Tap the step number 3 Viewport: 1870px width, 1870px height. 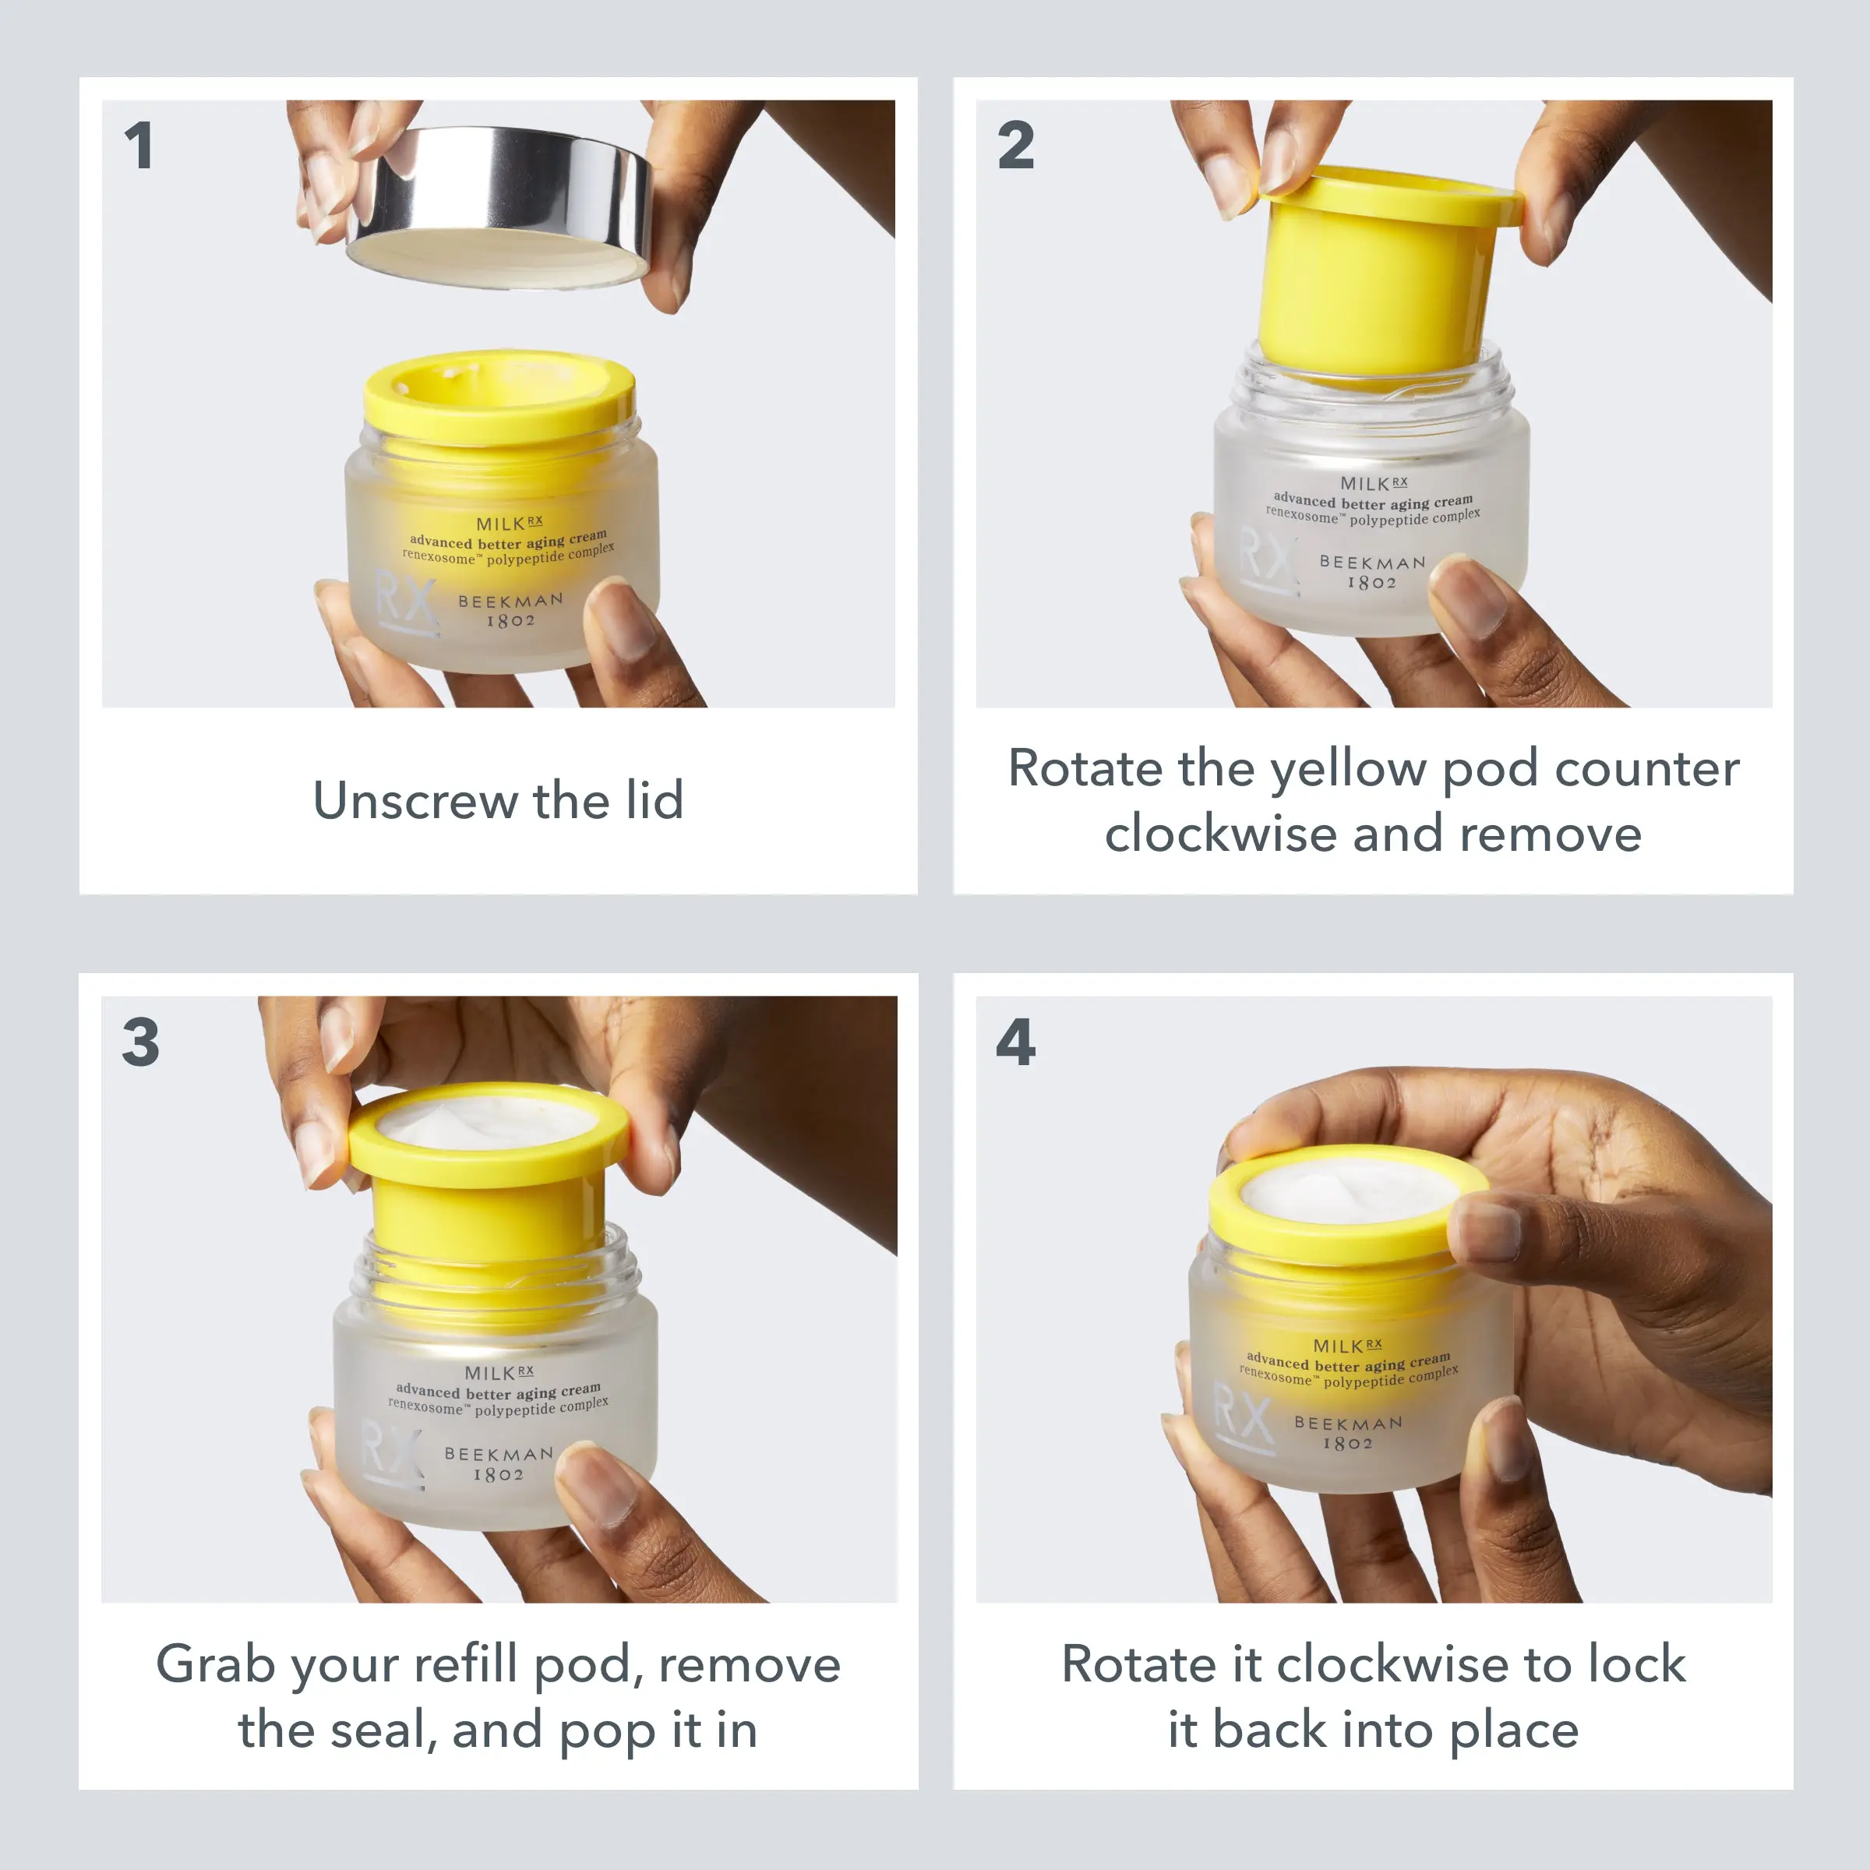[140, 1043]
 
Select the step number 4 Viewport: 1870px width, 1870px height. [1015, 1043]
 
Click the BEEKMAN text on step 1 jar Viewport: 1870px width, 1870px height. [510, 601]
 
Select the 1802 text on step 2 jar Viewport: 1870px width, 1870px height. [1371, 583]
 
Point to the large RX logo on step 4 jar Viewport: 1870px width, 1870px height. [1243, 1419]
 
